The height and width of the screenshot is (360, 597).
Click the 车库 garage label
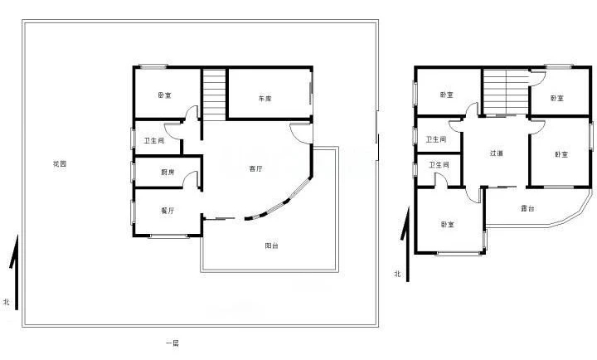pyautogui.click(x=265, y=99)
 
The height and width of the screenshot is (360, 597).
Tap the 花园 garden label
pyautogui.click(x=60, y=163)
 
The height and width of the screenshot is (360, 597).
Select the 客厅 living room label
pyautogui.click(x=256, y=168)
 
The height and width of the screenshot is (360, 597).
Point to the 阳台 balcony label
pyautogui.click(x=271, y=246)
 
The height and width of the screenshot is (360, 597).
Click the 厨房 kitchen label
pyautogui.click(x=167, y=173)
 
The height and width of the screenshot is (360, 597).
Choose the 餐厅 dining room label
pyautogui.click(x=167, y=211)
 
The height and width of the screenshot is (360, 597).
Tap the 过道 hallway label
pyautogui.click(x=497, y=153)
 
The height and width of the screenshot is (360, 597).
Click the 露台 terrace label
pyautogui.click(x=527, y=208)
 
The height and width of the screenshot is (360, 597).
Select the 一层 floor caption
pyautogui.click(x=172, y=343)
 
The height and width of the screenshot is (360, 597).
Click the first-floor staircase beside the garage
pyautogui.click(x=215, y=94)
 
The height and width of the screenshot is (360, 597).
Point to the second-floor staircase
pyautogui.click(x=507, y=92)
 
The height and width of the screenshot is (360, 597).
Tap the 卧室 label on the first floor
pyautogui.click(x=164, y=95)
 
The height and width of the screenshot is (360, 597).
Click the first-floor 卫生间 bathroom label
pyautogui.click(x=154, y=140)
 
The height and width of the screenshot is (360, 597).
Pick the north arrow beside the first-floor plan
pyautogui.click(x=14, y=272)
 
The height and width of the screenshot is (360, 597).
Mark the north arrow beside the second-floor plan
pyautogui.click(x=406, y=244)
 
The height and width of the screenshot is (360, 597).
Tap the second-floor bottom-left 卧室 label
pyautogui.click(x=448, y=225)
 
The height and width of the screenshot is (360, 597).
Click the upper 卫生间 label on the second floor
pyautogui.click(x=435, y=139)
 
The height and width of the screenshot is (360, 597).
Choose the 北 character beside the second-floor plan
pyautogui.click(x=397, y=274)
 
